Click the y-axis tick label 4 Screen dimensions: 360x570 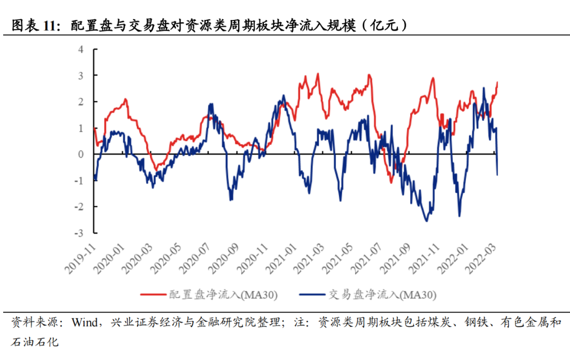click(81, 50)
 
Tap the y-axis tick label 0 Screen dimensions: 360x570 click(81, 154)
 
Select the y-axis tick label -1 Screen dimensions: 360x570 click(79, 181)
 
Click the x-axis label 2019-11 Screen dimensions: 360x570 click(81, 257)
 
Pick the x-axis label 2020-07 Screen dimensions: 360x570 click(197, 257)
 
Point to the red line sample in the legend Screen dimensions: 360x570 click(153, 295)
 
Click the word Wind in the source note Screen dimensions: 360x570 click(85, 323)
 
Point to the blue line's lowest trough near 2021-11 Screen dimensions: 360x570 click(426, 221)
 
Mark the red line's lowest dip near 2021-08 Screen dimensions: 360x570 click(391, 183)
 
